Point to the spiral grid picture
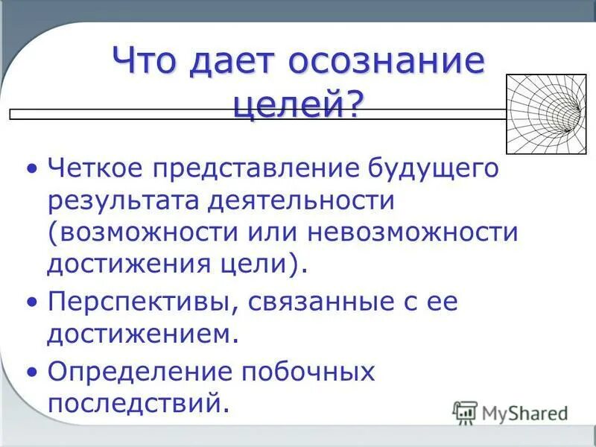point(544,114)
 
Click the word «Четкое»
point(96,168)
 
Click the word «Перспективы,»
point(145,303)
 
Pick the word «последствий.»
point(136,403)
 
